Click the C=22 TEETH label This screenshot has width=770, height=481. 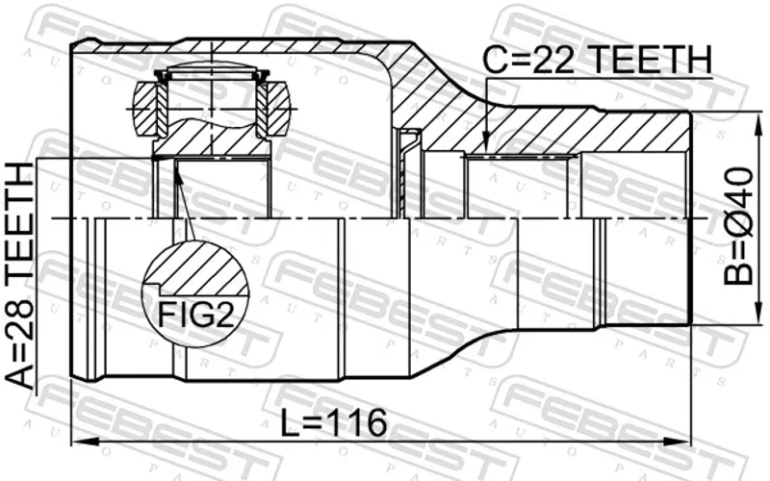click(x=597, y=59)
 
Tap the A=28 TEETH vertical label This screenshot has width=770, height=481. click(x=19, y=276)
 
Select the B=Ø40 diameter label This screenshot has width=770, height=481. click(x=738, y=226)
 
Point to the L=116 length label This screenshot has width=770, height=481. click(x=333, y=423)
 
